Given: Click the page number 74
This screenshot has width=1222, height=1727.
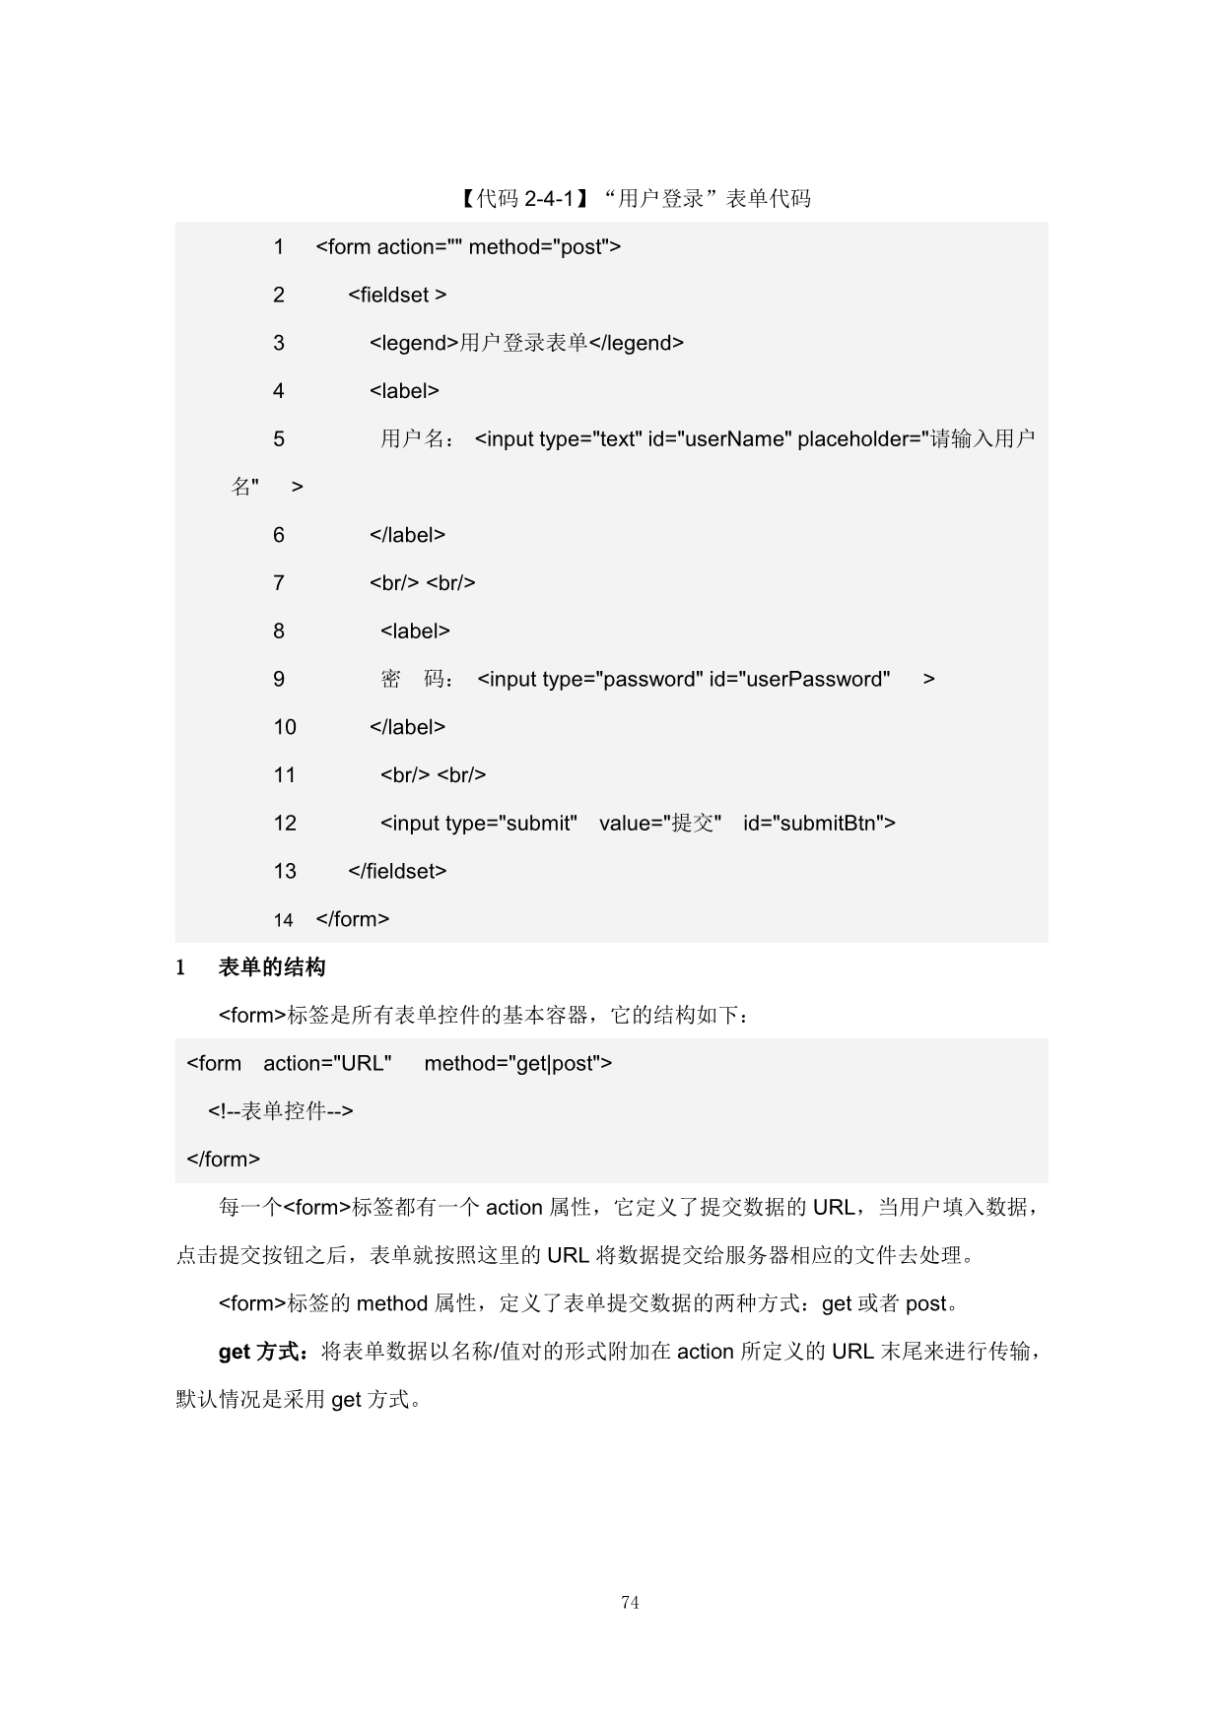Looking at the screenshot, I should click(630, 1603).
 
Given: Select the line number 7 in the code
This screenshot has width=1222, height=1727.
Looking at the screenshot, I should click(279, 583).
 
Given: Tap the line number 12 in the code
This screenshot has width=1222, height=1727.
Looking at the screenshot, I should click(285, 824).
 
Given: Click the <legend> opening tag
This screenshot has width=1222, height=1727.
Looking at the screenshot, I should click(414, 343).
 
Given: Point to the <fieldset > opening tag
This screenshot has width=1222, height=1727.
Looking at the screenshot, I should click(397, 295).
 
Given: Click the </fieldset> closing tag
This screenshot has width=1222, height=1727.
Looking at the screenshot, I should click(397, 871).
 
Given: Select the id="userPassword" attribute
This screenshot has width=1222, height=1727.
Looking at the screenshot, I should click(799, 680).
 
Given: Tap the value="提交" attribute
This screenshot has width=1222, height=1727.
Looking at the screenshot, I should click(660, 824).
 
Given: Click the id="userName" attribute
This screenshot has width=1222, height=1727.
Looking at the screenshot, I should click(719, 439).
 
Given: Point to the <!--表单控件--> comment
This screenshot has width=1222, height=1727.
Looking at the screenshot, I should click(280, 1111).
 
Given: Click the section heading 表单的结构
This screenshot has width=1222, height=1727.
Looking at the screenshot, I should click(272, 968).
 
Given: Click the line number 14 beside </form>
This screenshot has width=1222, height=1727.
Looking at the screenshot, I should click(284, 920).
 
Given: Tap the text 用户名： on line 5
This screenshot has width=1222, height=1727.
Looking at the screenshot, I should click(418, 439).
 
